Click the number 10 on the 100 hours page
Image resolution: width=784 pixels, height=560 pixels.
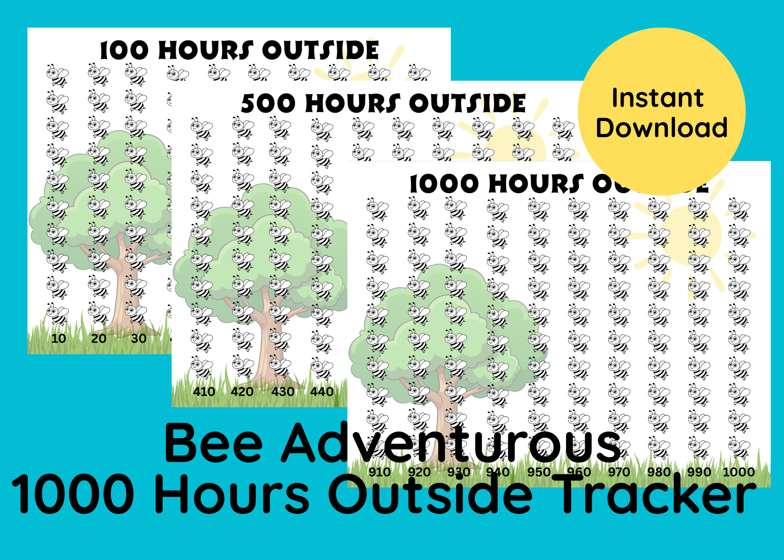tap(59, 338)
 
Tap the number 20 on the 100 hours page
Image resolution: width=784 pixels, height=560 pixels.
tap(99, 338)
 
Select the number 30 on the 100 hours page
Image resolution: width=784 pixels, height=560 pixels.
tap(139, 338)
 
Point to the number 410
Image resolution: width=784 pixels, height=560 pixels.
tap(204, 391)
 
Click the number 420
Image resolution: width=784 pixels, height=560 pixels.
tap(242, 391)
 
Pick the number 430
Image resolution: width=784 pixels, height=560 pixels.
tap(283, 391)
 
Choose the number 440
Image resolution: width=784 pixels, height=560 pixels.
tap(322, 391)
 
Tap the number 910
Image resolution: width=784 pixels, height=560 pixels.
tap(379, 472)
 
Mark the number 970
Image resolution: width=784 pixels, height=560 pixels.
tap(619, 472)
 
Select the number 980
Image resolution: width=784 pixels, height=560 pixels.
tap(659, 472)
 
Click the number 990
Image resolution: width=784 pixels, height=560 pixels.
tap(699, 472)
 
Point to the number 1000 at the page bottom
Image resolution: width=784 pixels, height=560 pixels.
tap(739, 472)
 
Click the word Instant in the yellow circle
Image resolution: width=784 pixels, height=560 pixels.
tap(658, 98)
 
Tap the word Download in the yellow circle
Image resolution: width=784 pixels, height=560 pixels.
tap(662, 128)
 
